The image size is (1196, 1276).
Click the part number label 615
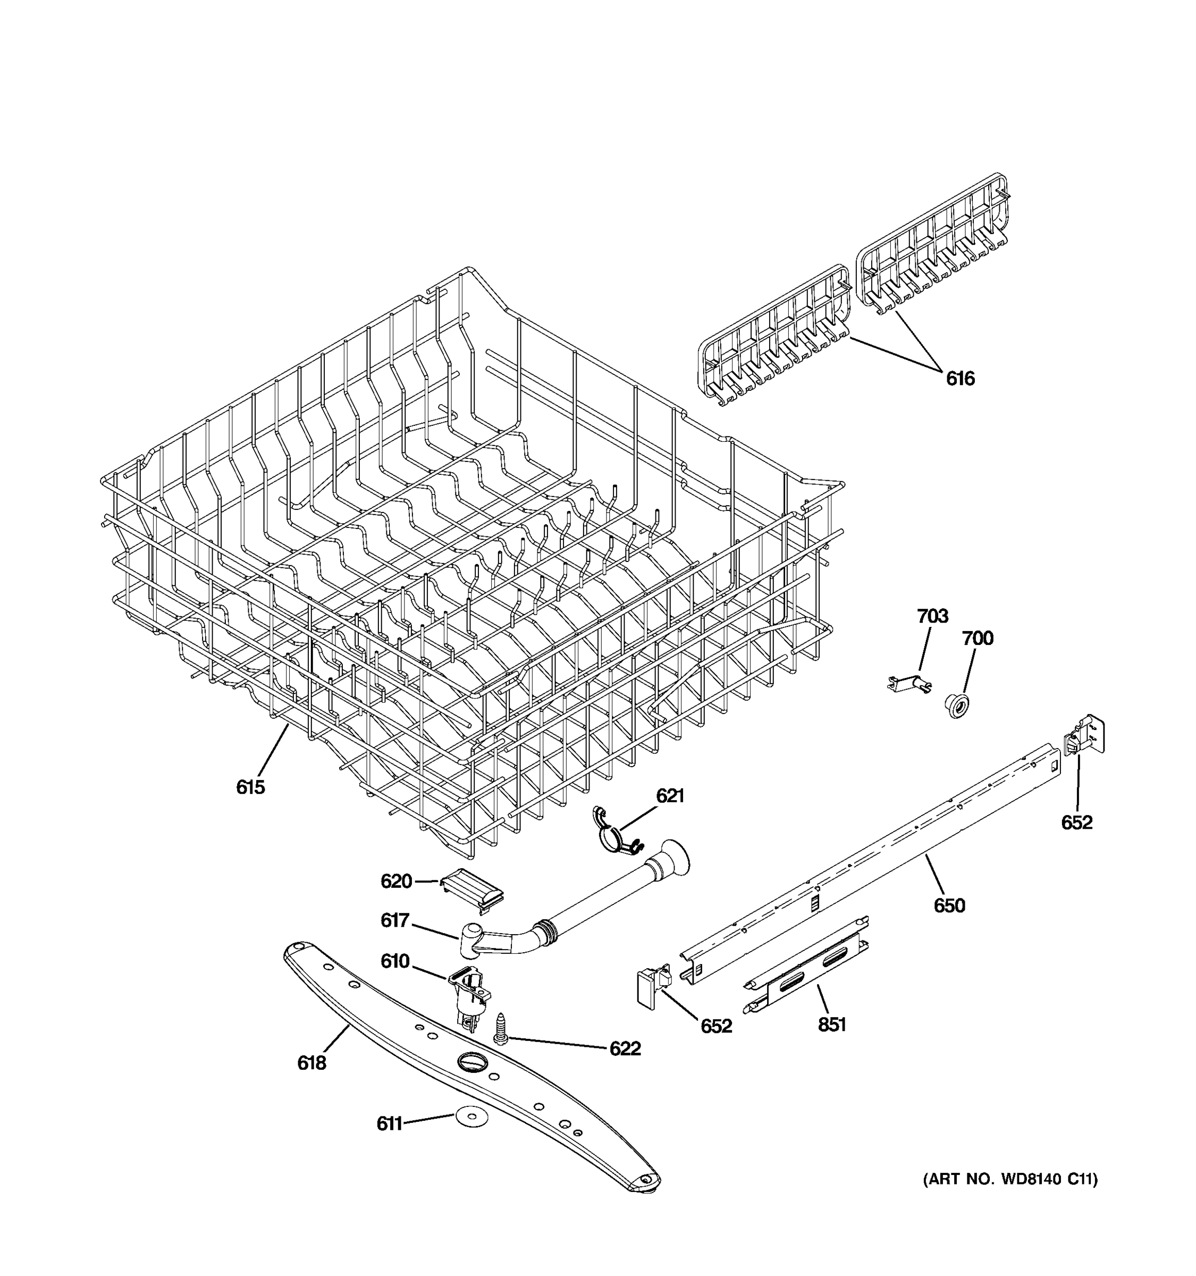(x=250, y=787)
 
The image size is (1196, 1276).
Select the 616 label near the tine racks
(x=960, y=379)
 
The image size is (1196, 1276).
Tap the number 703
(x=932, y=616)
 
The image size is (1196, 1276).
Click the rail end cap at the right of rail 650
(x=1085, y=738)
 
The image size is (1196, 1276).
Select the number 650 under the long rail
(x=949, y=905)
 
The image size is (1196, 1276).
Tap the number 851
(x=831, y=1025)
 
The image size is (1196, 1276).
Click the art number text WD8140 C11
(x=1010, y=1179)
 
